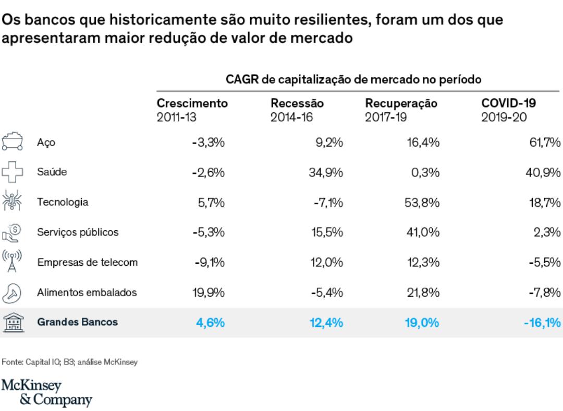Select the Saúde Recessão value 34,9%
pyautogui.click(x=326, y=172)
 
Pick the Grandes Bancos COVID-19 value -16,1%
pyautogui.click(x=542, y=322)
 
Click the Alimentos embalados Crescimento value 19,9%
pyautogui.click(x=209, y=292)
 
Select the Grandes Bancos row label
pyautogui.click(x=77, y=322)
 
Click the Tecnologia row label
pyautogui.click(x=63, y=202)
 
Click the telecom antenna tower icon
pyautogui.click(x=11, y=262)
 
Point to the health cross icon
pyautogui.click(x=11, y=172)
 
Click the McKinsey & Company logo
pyautogui.click(x=46, y=393)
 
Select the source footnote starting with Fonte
pyautogui.click(x=69, y=362)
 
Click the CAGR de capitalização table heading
pyautogui.click(x=353, y=79)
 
